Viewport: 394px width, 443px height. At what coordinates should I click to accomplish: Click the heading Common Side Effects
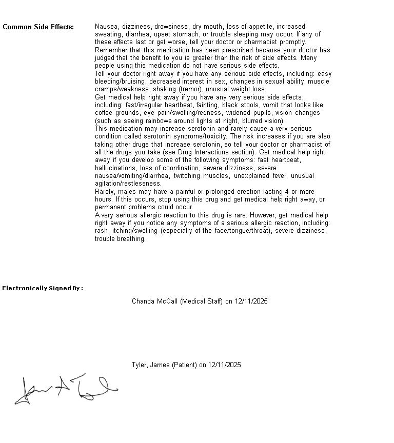(38, 27)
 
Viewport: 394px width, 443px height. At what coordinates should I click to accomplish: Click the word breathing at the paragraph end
(131, 239)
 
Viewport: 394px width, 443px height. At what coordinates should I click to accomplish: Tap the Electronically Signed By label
(43, 288)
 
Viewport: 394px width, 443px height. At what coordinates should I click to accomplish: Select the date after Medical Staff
(251, 301)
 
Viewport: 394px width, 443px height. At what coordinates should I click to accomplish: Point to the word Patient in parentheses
(185, 365)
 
